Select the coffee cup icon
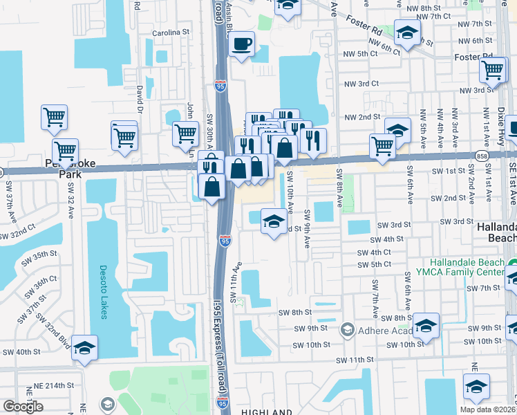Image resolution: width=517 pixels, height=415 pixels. coord(241,45)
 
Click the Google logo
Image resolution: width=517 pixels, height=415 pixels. coord(23,407)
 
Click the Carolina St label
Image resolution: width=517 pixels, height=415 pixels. coord(171,33)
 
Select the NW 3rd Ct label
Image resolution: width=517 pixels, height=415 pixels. coord(361,83)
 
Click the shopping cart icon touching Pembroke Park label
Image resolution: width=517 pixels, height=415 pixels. coord(65,150)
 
